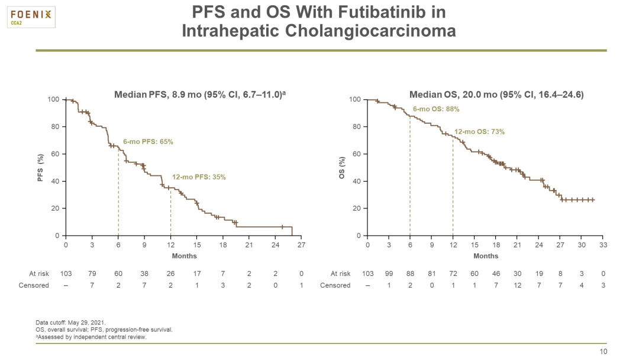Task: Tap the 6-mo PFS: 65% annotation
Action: tap(148, 142)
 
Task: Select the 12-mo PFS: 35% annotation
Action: tap(199, 177)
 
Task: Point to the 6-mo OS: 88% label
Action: tap(436, 109)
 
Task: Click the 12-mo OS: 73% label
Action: tap(479, 131)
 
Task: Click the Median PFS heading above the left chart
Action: tap(204, 94)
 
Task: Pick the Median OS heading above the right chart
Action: tap(496, 94)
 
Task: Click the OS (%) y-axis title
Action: tap(342, 168)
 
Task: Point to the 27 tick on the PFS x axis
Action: tap(302, 245)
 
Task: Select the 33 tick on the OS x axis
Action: tap(603, 245)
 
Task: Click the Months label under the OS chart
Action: tap(485, 256)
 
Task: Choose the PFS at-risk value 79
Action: tap(92, 274)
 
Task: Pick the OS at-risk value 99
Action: tap(389, 274)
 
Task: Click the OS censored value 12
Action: tap(518, 285)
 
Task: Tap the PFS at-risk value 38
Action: tap(144, 274)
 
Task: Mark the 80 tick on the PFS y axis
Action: tap(54, 127)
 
